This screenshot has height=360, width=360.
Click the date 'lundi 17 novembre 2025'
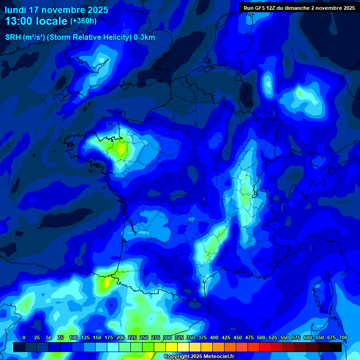click(56, 10)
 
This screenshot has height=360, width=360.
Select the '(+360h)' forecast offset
click(83, 21)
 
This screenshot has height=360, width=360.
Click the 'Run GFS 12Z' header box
click(299, 8)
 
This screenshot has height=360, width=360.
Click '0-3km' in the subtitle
click(144, 37)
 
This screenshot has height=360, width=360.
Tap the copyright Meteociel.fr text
click(198, 357)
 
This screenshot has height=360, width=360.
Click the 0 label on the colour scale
click(24, 337)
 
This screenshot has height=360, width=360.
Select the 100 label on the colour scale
click(73, 337)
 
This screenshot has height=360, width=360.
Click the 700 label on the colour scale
click(343, 337)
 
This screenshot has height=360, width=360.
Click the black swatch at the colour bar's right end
click(336, 347)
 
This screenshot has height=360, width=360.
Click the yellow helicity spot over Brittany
click(121, 150)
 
